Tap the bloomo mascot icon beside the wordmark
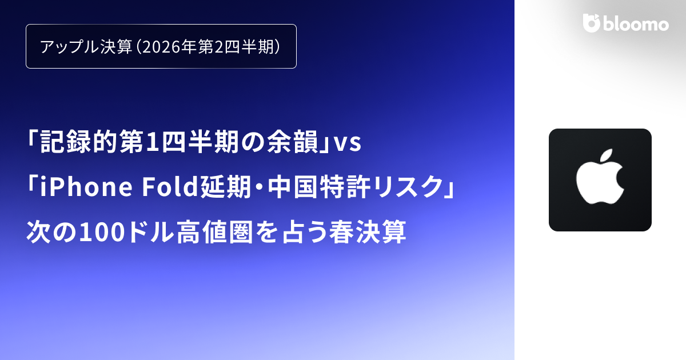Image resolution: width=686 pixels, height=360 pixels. point(591,23)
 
